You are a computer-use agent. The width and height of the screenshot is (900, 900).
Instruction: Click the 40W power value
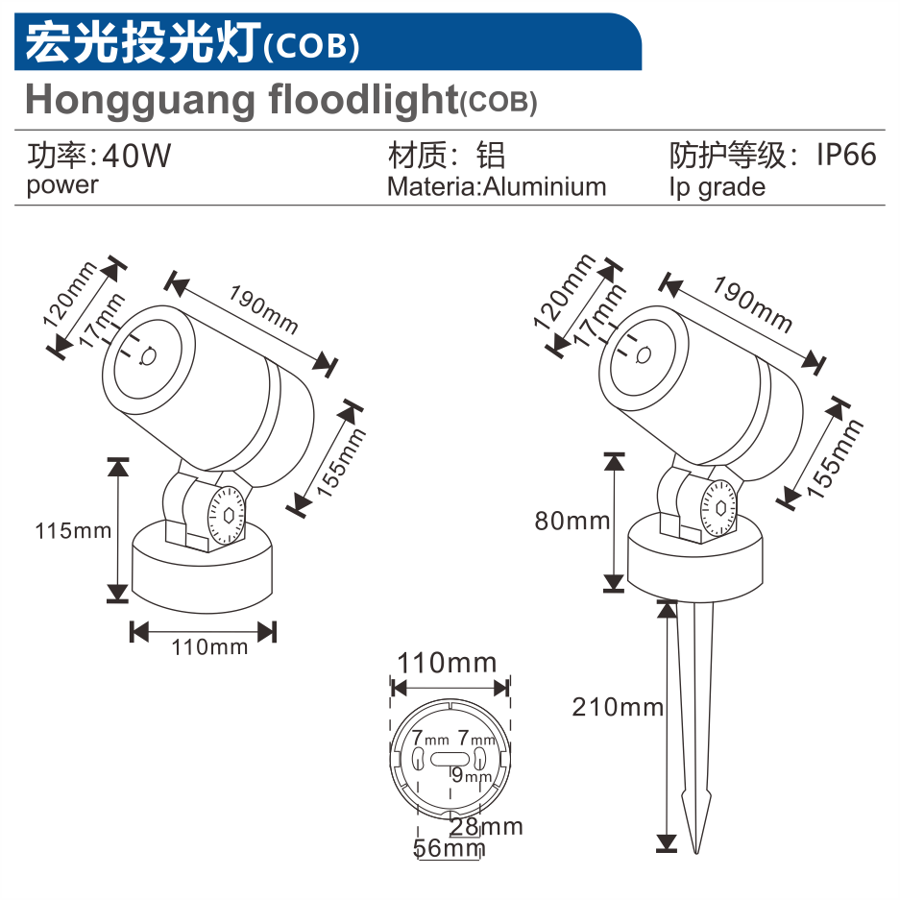[136, 156]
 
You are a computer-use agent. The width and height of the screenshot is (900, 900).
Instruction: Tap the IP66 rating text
[846, 155]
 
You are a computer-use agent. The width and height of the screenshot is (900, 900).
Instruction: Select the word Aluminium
[545, 187]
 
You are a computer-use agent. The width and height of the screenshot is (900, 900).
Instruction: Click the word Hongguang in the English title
[140, 101]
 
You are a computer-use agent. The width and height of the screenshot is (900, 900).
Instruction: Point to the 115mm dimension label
[73, 531]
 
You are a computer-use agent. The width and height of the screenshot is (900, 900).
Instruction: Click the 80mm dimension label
[572, 522]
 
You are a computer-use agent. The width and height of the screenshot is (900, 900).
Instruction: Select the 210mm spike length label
[618, 707]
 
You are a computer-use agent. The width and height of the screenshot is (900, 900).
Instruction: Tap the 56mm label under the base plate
[449, 848]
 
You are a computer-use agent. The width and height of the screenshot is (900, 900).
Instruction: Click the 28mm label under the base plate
[486, 827]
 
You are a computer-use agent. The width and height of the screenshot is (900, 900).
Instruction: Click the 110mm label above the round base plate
[447, 663]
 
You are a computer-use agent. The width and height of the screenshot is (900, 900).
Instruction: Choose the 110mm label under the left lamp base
[209, 647]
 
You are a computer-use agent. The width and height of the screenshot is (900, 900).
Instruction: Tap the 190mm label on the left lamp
[263, 309]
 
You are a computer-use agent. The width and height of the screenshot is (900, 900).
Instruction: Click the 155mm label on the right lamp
[835, 458]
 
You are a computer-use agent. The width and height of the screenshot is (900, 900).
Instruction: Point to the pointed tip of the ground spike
[696, 853]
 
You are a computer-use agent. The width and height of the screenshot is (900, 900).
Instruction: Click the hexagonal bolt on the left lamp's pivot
[229, 516]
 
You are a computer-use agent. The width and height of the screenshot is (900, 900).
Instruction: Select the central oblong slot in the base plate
[450, 759]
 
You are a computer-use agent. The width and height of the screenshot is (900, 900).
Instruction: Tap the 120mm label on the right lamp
[564, 292]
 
